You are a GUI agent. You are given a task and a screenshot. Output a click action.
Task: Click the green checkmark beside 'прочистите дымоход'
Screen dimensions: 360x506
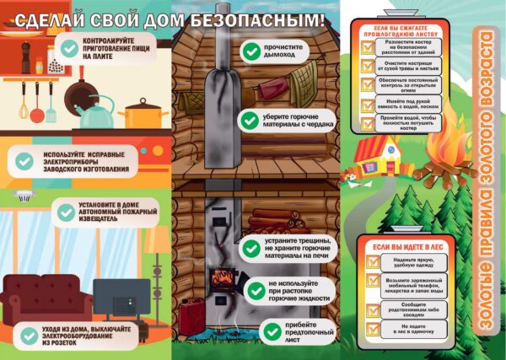(250, 51)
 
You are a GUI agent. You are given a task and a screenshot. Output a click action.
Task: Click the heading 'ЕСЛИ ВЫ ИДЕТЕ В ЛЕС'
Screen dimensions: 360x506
(396, 246)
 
